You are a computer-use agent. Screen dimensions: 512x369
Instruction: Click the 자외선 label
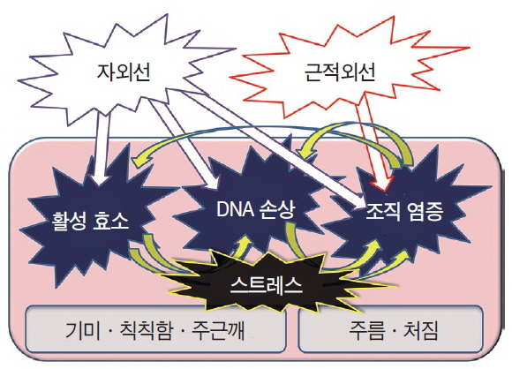point(124,72)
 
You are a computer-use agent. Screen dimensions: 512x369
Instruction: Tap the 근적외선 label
point(340,72)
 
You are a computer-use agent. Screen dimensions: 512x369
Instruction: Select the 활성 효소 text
point(90,221)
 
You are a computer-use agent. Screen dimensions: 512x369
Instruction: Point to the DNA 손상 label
point(256,209)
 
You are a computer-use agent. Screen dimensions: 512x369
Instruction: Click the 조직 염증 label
point(404,212)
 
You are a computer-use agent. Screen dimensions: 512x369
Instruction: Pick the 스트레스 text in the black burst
point(266,285)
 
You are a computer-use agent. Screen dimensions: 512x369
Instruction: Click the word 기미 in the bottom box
point(83,330)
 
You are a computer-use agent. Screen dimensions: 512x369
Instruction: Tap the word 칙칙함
point(146,330)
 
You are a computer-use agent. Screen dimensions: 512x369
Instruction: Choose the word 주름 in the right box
point(365,330)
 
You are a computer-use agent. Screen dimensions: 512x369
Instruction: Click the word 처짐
point(421,330)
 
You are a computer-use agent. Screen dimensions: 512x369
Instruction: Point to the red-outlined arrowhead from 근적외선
point(383,184)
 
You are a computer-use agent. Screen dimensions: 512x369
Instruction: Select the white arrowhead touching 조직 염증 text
point(359,201)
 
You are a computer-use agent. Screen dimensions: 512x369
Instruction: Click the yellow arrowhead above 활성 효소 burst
point(139,159)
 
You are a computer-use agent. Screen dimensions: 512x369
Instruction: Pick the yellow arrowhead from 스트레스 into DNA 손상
point(244,242)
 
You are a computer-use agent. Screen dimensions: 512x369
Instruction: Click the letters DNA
point(235,209)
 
